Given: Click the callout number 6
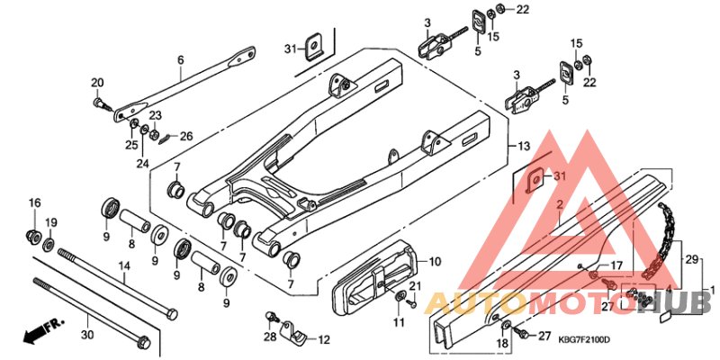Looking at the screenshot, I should click(180, 59).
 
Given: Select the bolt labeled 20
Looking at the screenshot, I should click(99, 103).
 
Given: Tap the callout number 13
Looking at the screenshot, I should click(524, 146).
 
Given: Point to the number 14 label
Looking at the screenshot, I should click(124, 266).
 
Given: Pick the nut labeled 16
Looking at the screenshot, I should click(35, 237).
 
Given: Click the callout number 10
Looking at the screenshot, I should click(435, 262).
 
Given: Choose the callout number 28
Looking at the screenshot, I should click(269, 337).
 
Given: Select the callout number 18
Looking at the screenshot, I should click(502, 343).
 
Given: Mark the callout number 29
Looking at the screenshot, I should click(693, 258).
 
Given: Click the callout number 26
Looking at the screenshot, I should click(186, 137).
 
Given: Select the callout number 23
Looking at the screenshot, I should click(155, 115).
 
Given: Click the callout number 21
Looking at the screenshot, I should click(415, 286).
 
